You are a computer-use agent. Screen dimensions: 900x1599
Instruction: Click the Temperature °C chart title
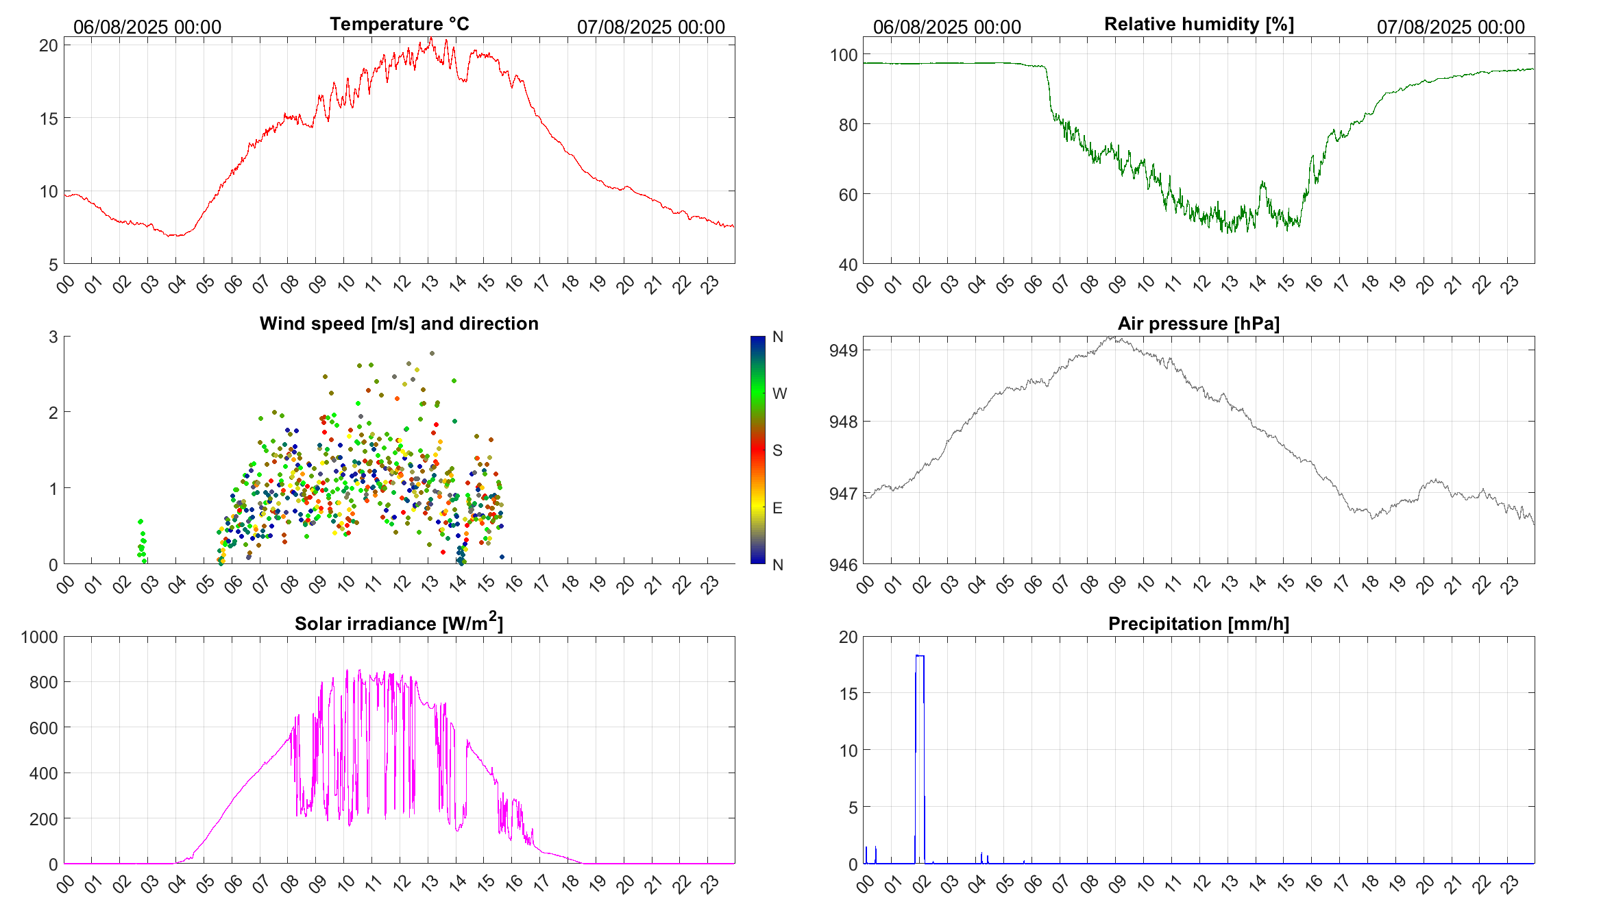(400, 24)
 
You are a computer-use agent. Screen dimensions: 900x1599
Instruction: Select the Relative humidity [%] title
(1199, 24)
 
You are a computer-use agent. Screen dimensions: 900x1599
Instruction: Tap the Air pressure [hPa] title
(1199, 324)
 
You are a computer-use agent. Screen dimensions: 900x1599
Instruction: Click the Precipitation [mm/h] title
(1199, 624)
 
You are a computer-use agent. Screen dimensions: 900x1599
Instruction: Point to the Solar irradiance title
(399, 624)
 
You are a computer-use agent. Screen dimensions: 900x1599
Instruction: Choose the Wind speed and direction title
(399, 324)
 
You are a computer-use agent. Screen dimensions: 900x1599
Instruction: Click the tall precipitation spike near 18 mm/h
(920, 657)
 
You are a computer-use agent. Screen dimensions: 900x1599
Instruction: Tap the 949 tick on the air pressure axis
(843, 350)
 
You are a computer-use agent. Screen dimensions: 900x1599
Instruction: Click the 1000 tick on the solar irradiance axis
(40, 637)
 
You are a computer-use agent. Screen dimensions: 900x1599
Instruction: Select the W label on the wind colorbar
(779, 393)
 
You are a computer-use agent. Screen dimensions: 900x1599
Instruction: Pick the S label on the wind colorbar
(777, 450)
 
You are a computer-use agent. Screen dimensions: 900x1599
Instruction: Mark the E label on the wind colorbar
(777, 508)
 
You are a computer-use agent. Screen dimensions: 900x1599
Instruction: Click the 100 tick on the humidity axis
(844, 55)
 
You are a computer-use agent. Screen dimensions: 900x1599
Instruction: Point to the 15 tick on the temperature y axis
(49, 119)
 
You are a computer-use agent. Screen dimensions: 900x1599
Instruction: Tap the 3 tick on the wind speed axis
(53, 337)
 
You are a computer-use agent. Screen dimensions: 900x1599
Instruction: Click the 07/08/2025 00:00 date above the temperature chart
(650, 27)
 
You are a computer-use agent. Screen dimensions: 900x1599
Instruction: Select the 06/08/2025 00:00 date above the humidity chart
(947, 27)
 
